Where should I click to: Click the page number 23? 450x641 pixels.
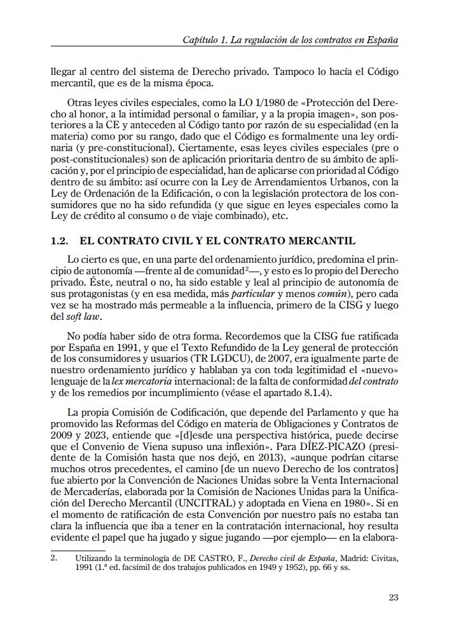392,597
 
